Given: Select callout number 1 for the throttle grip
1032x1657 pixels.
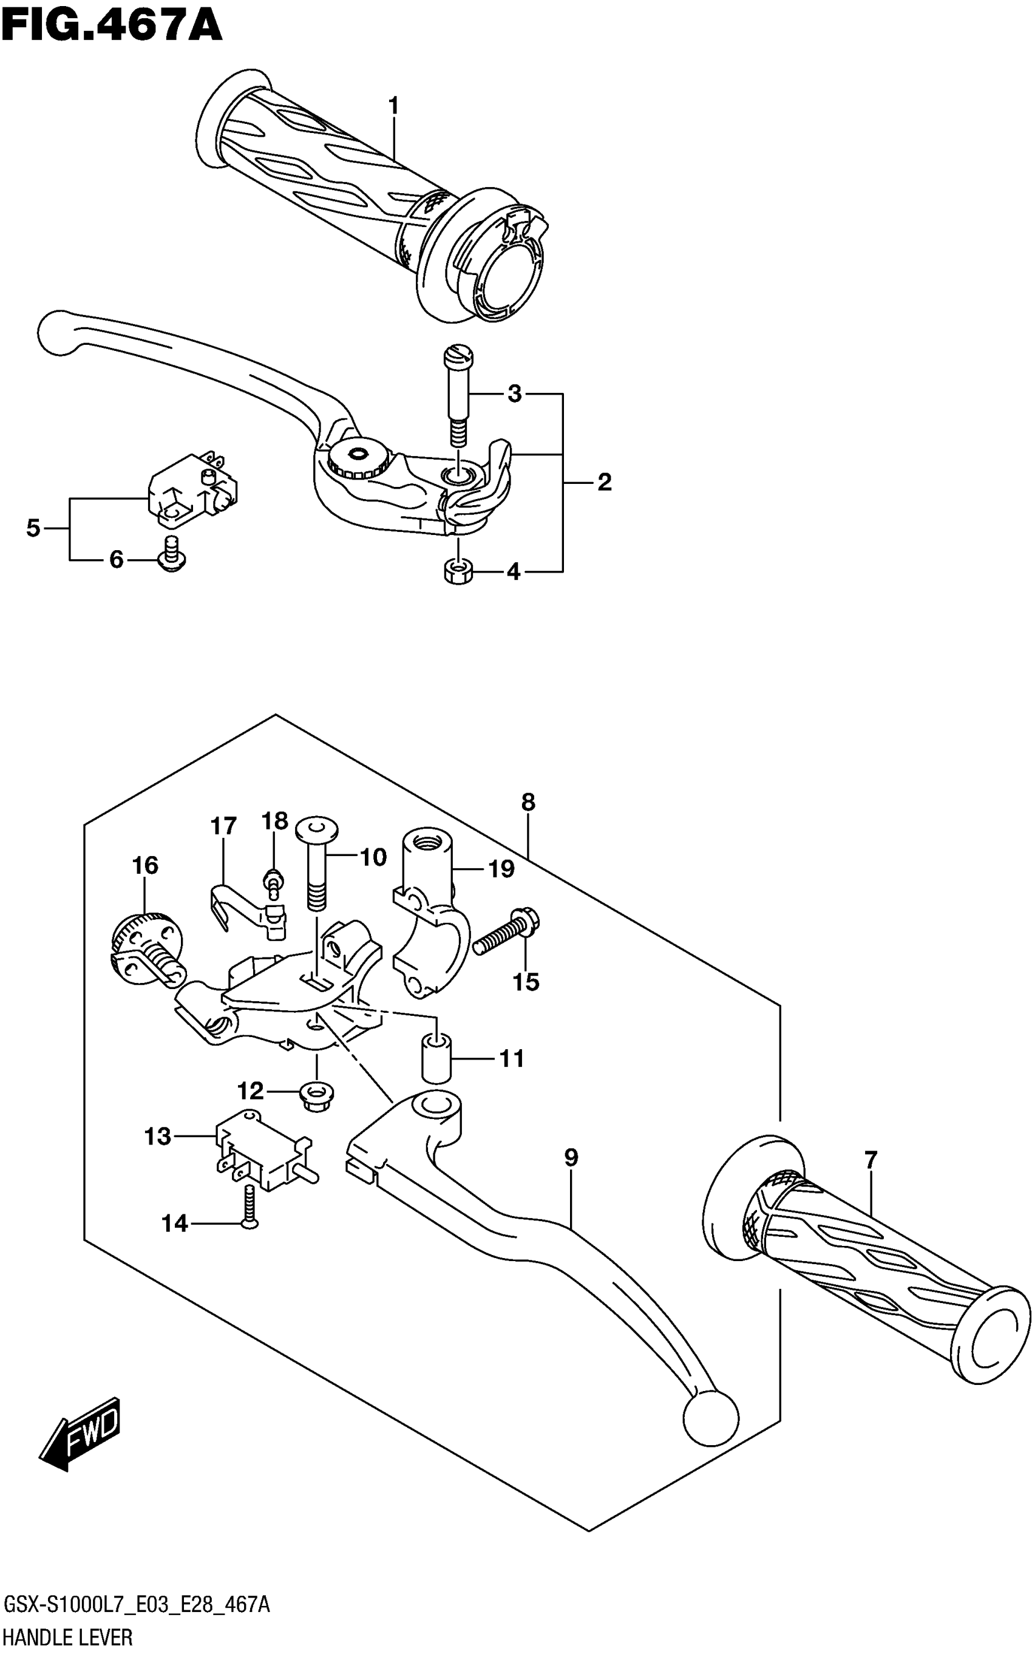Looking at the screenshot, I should (393, 106).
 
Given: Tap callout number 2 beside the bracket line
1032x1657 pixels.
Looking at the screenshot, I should (604, 483).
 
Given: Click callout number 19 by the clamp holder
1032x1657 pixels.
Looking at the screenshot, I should (501, 869).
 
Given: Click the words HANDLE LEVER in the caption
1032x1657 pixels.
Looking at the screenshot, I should (68, 1639).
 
